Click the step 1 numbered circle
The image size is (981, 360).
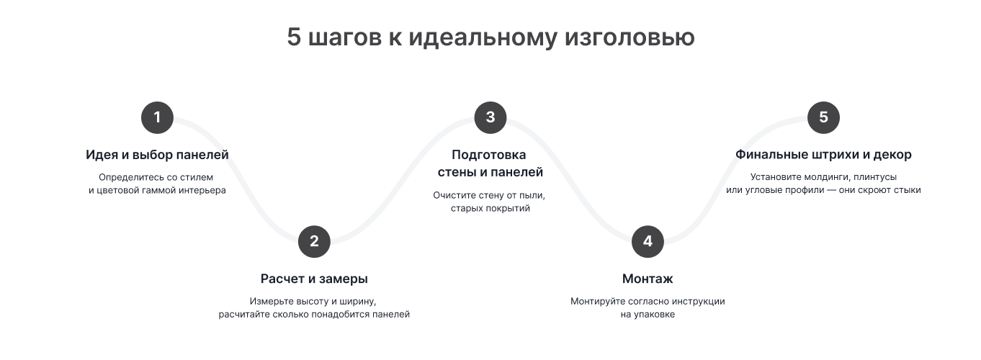point(157,117)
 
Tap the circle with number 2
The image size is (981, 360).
point(314,241)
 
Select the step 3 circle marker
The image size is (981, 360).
point(491,117)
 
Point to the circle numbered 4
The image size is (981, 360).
point(648,241)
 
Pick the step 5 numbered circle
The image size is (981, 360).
point(823,117)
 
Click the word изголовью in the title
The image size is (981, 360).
point(630,37)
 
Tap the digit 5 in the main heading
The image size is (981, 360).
point(294,36)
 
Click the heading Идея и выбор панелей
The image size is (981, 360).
point(157,155)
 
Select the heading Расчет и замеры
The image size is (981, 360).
point(314,279)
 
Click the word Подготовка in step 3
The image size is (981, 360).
point(489,155)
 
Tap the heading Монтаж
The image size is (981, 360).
point(648,279)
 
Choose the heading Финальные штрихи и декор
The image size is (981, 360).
point(823,155)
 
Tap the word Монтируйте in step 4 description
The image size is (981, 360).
point(597,301)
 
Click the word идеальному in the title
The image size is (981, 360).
point(483,37)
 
